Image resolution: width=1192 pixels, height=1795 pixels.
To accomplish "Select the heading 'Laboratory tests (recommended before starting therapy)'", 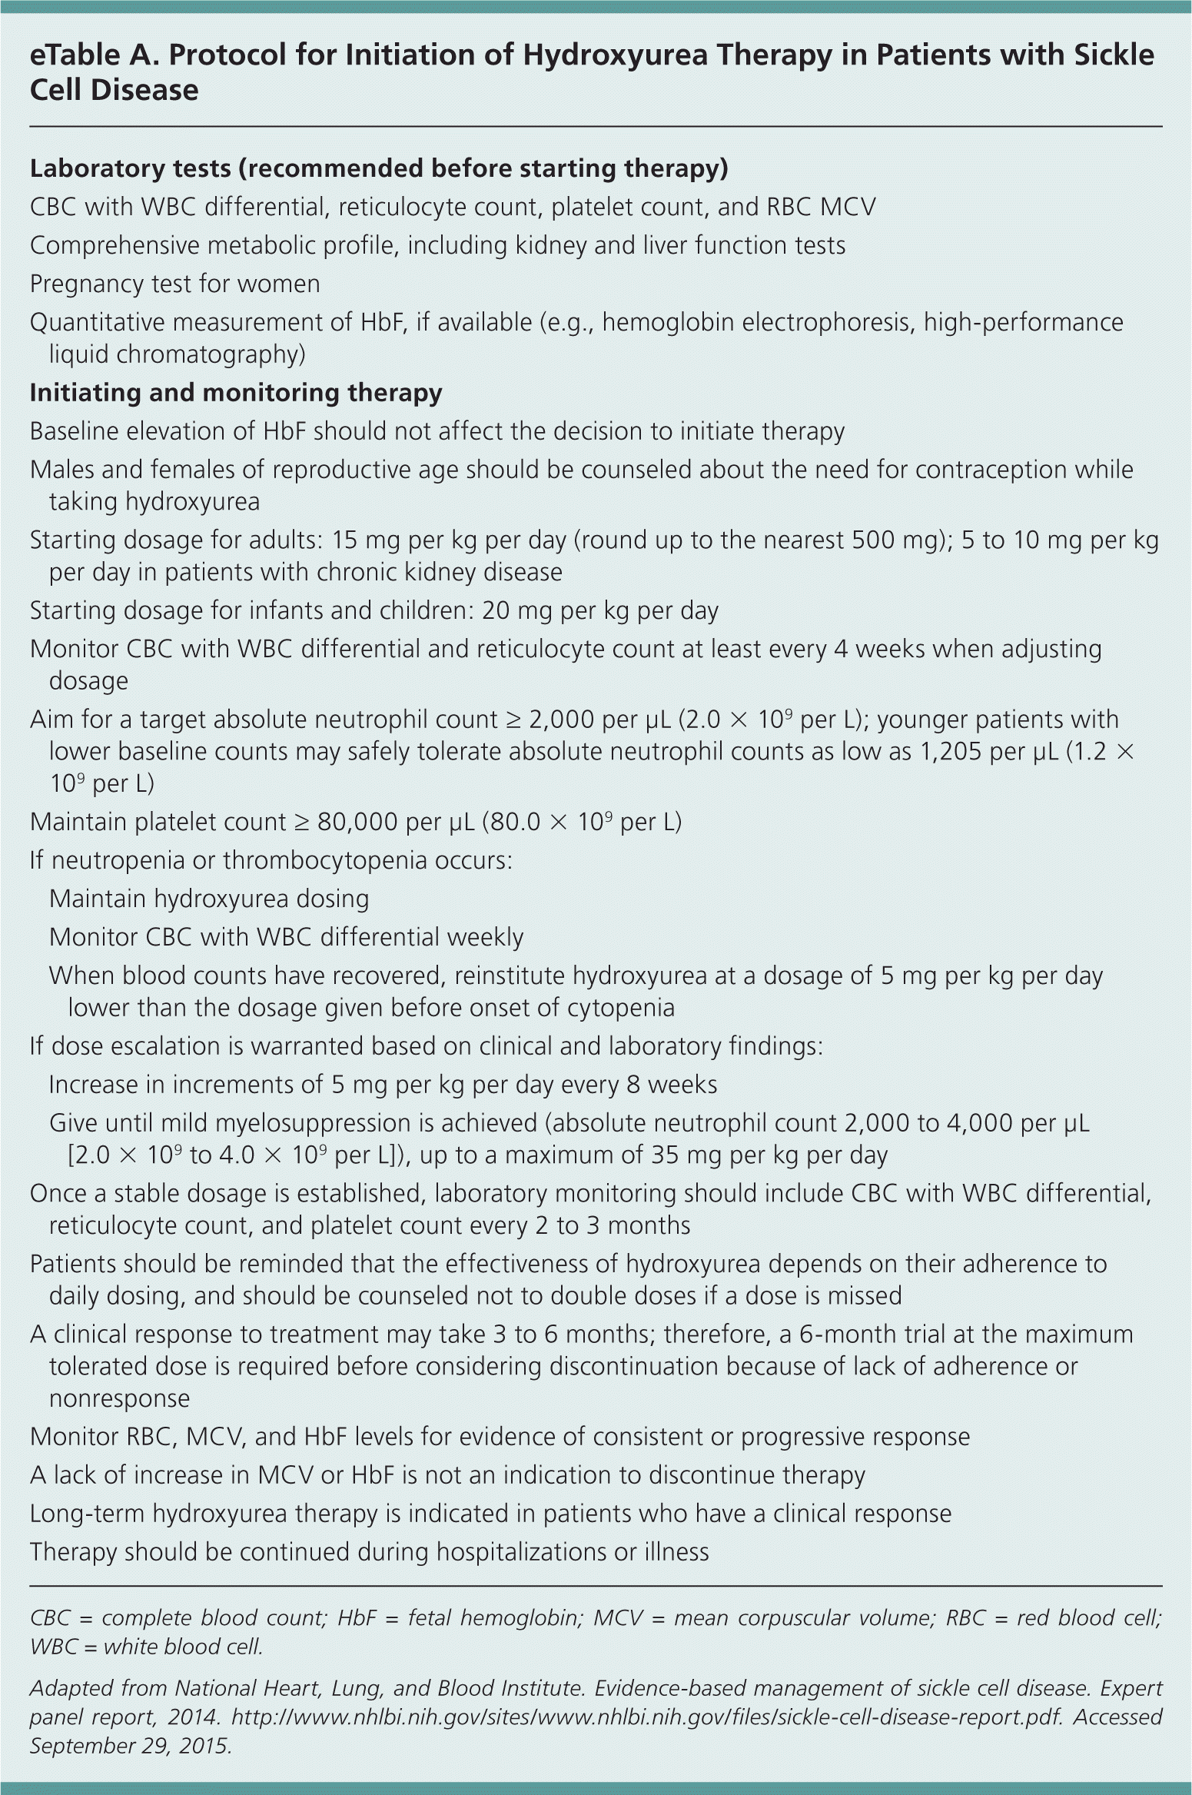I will [379, 168].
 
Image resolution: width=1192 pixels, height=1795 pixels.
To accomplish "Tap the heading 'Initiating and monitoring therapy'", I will [236, 393].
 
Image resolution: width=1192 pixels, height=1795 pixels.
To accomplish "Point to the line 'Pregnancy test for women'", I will [174, 284].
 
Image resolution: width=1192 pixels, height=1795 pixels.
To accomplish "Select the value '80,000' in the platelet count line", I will [357, 822].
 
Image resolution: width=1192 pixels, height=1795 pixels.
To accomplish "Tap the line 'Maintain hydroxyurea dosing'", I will [208, 899].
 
